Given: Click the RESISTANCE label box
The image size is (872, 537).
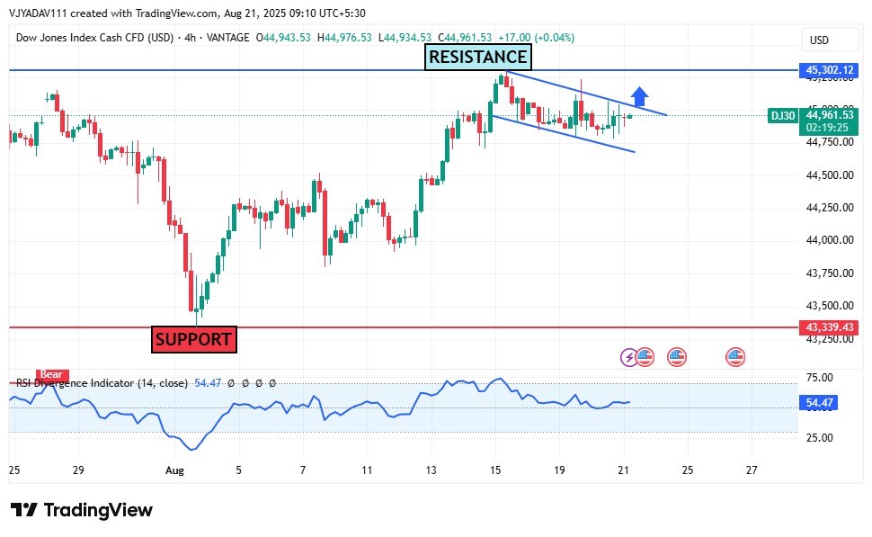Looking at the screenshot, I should pyautogui.click(x=477, y=58).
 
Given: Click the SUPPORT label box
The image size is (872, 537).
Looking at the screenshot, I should pyautogui.click(x=193, y=340).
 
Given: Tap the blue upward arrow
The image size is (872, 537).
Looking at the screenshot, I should pyautogui.click(x=639, y=96).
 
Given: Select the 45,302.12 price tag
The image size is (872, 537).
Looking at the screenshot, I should pyautogui.click(x=829, y=69).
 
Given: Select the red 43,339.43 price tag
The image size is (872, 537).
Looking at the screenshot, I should pyautogui.click(x=829, y=327).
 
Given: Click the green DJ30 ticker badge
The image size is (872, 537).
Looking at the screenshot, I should pyautogui.click(x=783, y=115).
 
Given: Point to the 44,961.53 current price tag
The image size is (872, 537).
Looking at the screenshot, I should pyautogui.click(x=829, y=115).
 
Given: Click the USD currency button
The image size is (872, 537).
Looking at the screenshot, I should pyautogui.click(x=819, y=40).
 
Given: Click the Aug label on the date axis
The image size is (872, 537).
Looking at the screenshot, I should pyautogui.click(x=174, y=470).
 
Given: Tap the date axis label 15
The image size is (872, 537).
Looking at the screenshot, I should pyautogui.click(x=495, y=470).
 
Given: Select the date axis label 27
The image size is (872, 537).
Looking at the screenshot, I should pyautogui.click(x=752, y=470).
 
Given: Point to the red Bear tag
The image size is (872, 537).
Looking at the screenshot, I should pyautogui.click(x=50, y=374).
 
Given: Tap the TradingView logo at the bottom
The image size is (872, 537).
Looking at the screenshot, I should pyautogui.click(x=82, y=510).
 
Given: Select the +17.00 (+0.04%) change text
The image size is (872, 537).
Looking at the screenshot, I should pyautogui.click(x=536, y=38).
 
